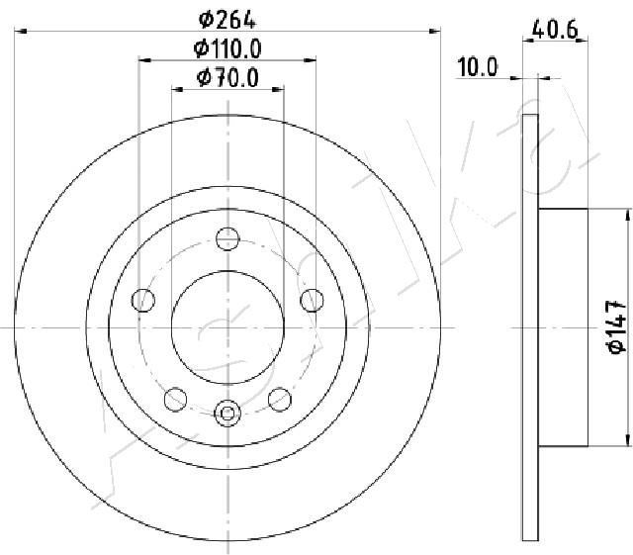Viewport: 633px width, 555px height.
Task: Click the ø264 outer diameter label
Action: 227,20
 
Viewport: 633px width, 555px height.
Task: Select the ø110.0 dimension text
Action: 227,48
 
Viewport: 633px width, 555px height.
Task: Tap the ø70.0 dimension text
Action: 227,78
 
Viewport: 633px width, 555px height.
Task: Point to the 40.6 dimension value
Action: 555,29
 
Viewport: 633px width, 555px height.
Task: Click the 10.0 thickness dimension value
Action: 477,66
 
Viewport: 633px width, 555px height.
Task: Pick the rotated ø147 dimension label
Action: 616,327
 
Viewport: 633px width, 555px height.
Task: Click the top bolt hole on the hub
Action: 227,238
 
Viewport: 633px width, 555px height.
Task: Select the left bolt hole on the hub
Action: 143,300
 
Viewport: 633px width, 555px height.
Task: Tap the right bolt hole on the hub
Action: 313,300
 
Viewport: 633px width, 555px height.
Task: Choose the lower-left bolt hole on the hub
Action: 176,399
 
